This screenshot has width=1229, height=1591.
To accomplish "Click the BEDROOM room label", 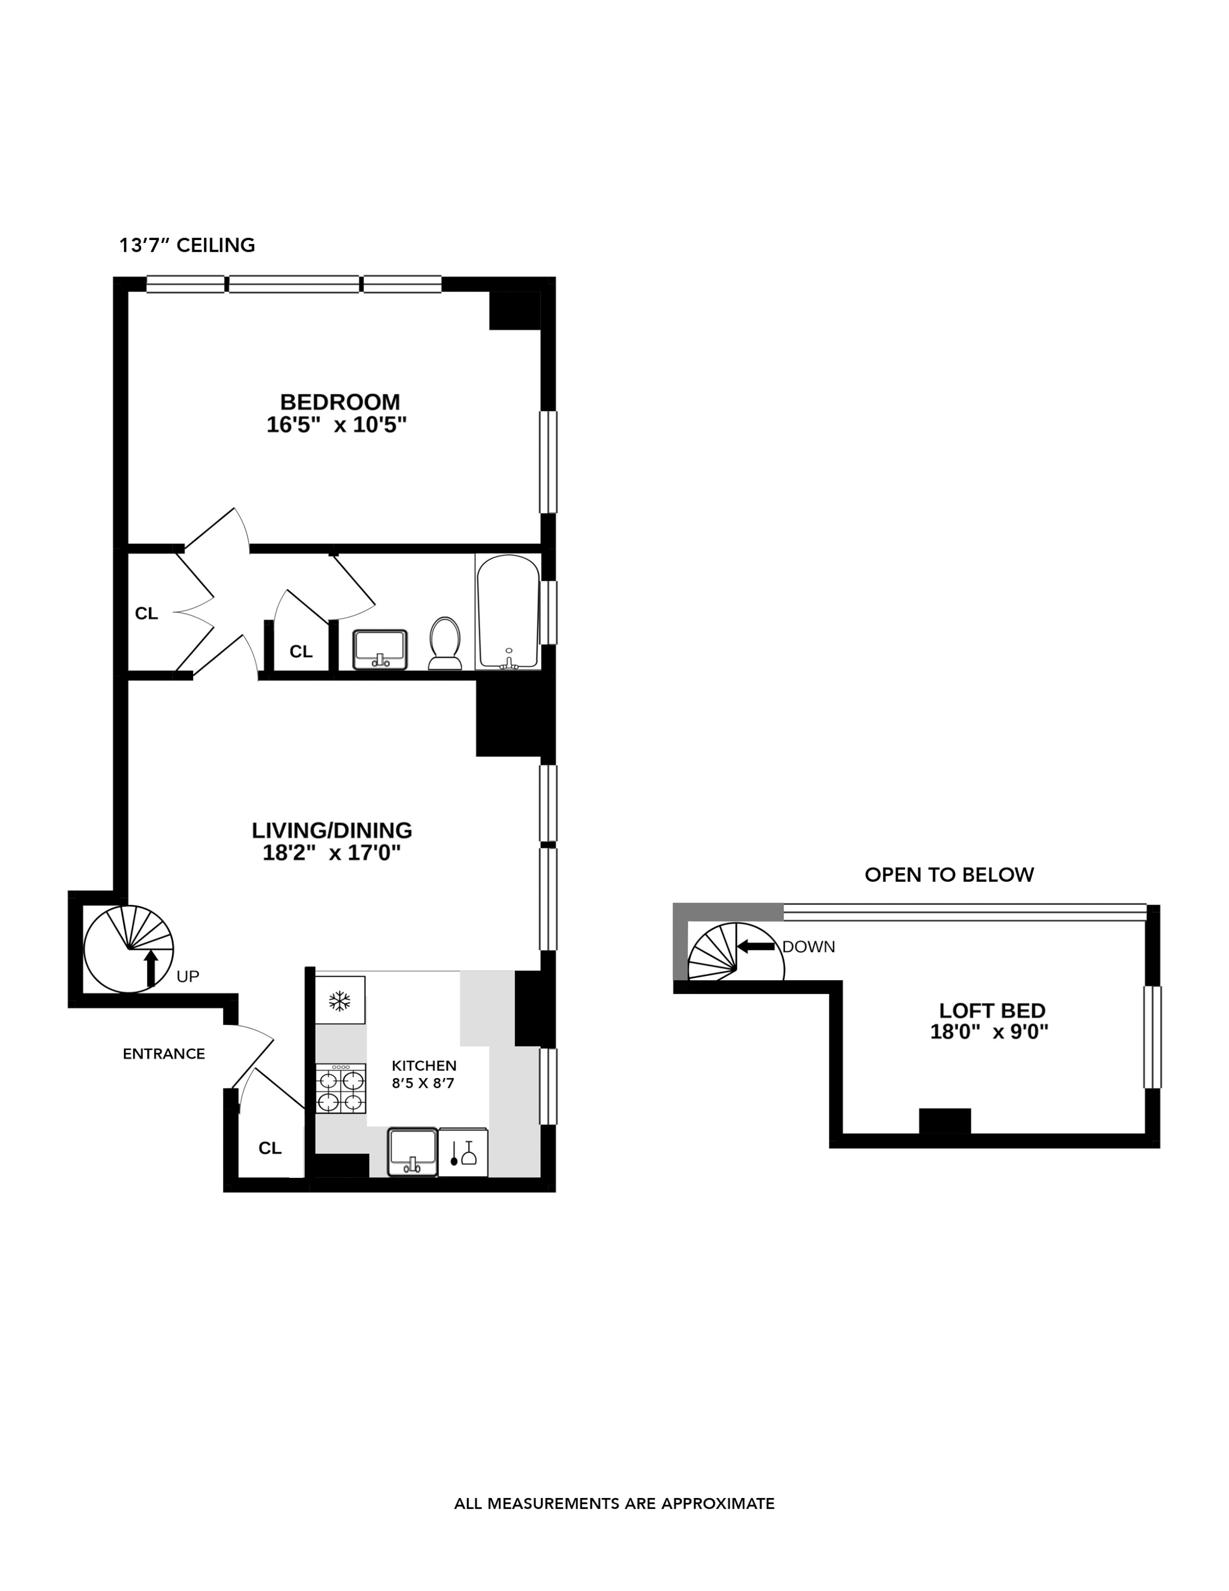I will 340,402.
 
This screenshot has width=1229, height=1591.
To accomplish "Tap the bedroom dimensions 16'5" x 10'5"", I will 336,425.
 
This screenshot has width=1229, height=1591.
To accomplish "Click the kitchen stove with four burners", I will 340,1088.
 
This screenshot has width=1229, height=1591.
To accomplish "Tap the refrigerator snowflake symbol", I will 339,1001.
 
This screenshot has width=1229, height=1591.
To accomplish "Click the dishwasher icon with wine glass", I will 463,1152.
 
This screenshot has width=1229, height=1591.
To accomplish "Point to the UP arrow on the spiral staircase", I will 151,968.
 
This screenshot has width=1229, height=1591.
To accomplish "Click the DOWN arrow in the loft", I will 756,946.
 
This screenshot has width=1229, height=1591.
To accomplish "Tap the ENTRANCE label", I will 164,1053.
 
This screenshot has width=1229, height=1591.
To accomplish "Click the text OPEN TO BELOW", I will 949,875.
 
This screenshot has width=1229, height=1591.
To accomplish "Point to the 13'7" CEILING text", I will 187,245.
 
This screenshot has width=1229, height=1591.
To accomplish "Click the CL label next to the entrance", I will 270,1148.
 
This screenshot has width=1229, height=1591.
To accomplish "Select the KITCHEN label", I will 424,1065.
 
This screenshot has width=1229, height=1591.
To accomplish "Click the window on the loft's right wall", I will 1152,1037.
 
